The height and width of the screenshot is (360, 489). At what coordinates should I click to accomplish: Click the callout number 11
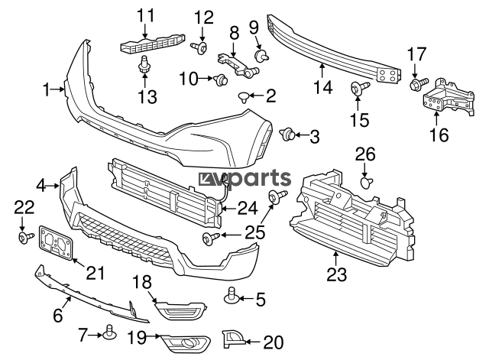[x=145, y=15]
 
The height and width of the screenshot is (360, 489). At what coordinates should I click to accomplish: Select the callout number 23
[x=335, y=273]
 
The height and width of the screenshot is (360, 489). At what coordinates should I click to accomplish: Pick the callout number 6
[x=57, y=314]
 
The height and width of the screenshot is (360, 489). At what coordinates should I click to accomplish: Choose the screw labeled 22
[x=23, y=238]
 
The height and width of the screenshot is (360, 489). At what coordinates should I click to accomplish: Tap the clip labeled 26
[x=365, y=182]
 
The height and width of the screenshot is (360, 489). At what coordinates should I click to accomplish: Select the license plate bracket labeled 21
[x=57, y=244]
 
